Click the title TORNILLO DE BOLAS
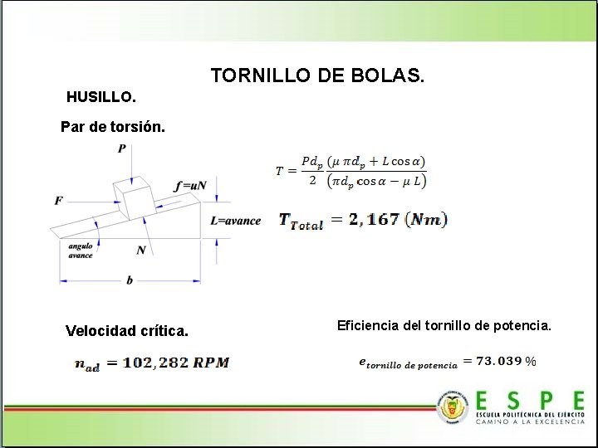tap(317, 75)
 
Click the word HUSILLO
tap(100, 97)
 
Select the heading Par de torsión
tap(113, 128)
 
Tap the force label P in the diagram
tap(122, 149)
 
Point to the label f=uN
tap(190, 186)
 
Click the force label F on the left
tap(58, 201)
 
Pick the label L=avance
tap(235, 221)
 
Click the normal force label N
tap(141, 250)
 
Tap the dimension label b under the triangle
tap(130, 280)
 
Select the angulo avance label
tap(81, 251)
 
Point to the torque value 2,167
tap(374, 220)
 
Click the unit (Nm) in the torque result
tap(429, 220)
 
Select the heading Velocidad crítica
tap(127, 332)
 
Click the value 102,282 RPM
tap(175, 363)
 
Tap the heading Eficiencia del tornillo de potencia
tap(444, 325)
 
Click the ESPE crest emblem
tap(453, 407)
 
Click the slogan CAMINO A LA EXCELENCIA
tap(530, 421)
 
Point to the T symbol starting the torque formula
tap(280, 171)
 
